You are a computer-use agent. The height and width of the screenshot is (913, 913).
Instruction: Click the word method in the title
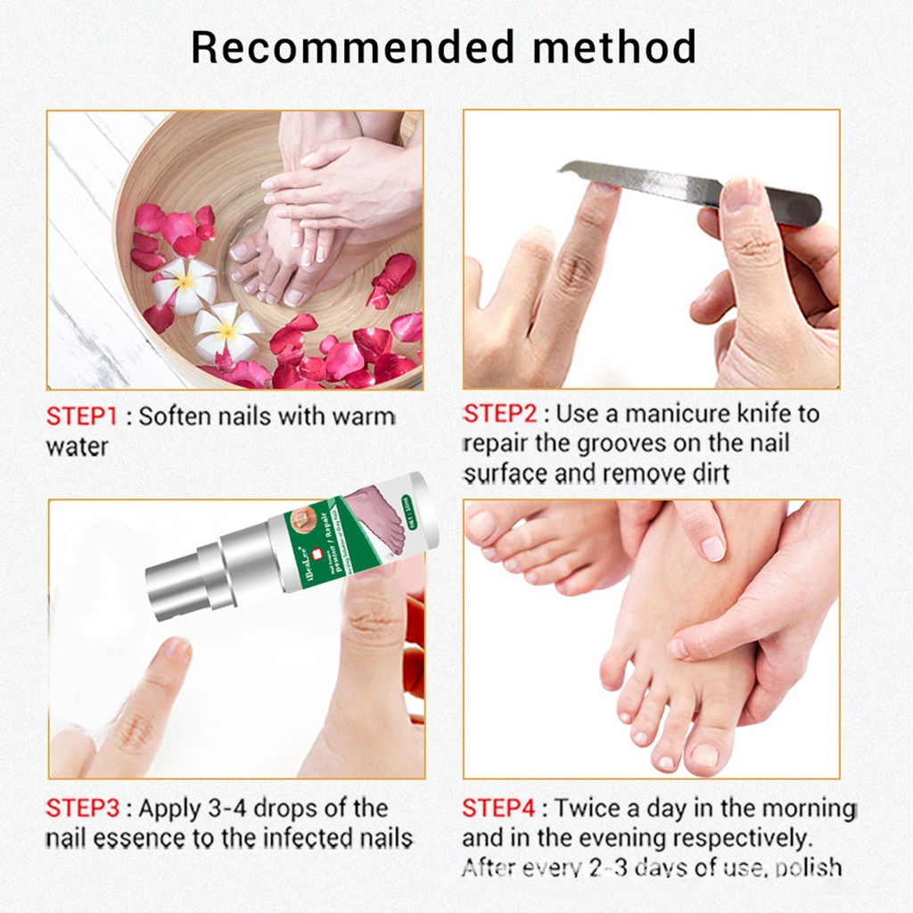614,47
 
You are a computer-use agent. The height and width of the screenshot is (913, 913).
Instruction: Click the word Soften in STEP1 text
176,417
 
